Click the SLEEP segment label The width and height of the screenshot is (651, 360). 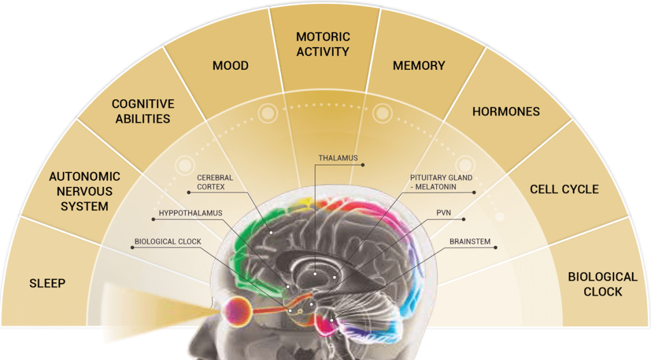(x=47, y=283)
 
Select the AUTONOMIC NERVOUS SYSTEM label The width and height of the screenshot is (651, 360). (x=79, y=191)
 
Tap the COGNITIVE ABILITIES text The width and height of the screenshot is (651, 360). (x=142, y=111)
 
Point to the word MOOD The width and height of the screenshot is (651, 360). (x=230, y=66)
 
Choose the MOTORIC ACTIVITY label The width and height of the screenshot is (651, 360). (x=323, y=45)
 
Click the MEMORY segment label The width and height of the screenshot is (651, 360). (x=419, y=66)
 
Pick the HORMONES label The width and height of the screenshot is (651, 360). (x=506, y=111)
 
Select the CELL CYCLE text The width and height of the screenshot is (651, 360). (x=565, y=189)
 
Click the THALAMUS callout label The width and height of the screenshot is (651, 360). (x=338, y=158)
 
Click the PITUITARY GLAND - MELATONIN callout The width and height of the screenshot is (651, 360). (x=441, y=183)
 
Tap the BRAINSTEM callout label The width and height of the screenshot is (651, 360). (x=469, y=242)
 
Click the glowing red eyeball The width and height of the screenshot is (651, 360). (x=236, y=310)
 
